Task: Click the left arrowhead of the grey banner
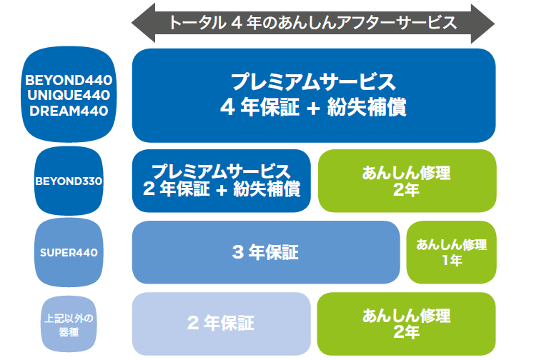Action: [x=144, y=24]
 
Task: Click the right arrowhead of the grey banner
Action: [x=483, y=24]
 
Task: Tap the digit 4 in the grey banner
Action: [x=237, y=23]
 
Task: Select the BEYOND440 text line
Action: [x=69, y=80]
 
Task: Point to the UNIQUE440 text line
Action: [x=69, y=95]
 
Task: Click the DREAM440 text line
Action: [x=69, y=111]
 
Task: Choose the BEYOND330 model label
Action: [x=69, y=181]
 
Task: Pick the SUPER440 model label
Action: [x=69, y=252]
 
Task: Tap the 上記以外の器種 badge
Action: [x=69, y=324]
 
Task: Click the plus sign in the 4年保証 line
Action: [x=313, y=108]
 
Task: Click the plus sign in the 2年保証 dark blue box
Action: [x=222, y=190]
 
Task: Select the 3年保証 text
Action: [x=265, y=252]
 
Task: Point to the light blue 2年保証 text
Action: [x=221, y=323]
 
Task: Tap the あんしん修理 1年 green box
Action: [x=451, y=252]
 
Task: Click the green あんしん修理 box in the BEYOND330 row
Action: [x=407, y=181]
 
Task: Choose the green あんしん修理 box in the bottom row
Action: [x=406, y=324]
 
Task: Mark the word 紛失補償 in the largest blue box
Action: [x=367, y=107]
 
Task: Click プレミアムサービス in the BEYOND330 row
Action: [x=221, y=171]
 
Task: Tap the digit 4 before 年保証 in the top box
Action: [x=227, y=107]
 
